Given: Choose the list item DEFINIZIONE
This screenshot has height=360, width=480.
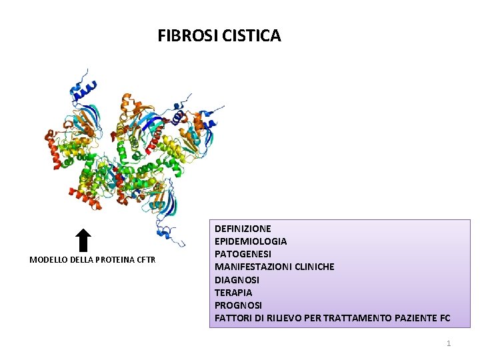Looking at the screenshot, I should (243, 229).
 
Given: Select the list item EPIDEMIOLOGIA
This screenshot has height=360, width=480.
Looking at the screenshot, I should (251, 241).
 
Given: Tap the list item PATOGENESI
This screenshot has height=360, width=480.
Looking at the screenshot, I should (243, 254).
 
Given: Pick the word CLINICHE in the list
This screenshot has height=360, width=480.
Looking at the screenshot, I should (311, 267).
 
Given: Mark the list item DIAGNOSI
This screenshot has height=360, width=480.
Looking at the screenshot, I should (237, 280).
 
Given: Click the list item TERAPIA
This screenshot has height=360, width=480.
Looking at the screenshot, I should (233, 293).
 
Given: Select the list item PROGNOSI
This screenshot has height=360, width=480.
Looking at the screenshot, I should (238, 305).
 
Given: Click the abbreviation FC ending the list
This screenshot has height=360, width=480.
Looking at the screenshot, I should (445, 318).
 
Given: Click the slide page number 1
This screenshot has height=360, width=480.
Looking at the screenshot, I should (449, 343).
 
